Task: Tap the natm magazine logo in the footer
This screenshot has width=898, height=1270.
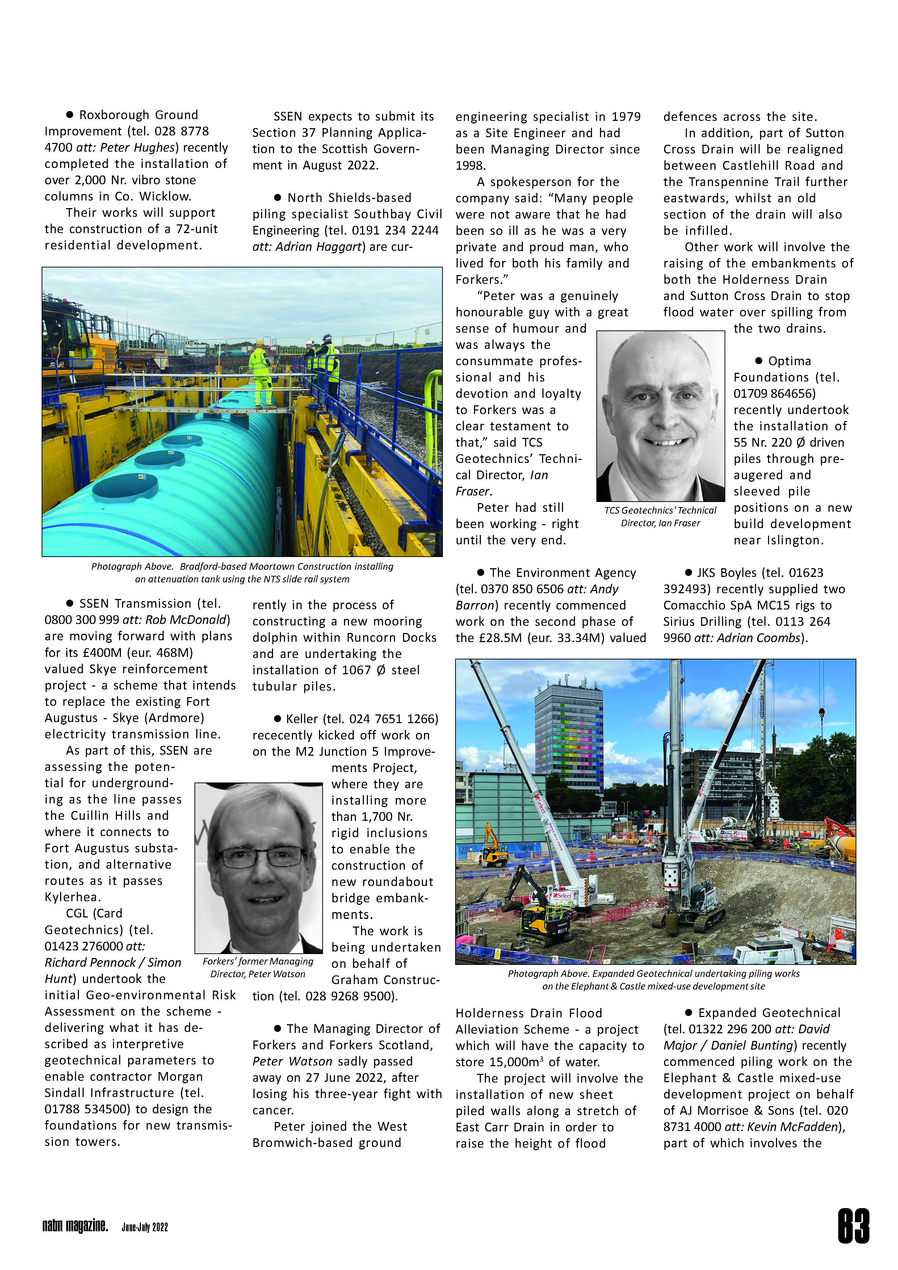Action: pyautogui.click(x=75, y=1226)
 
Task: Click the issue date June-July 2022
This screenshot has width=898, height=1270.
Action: pyautogui.click(x=144, y=1227)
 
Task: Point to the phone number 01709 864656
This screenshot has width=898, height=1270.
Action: pyautogui.click(x=774, y=393)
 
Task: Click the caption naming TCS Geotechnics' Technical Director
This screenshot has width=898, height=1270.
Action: pyautogui.click(x=660, y=516)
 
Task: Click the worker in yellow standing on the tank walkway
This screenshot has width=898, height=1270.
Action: pyautogui.click(x=260, y=374)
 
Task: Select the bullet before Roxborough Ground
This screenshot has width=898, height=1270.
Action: pyautogui.click(x=70, y=114)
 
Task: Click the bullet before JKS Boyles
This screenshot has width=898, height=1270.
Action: pyautogui.click(x=689, y=573)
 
